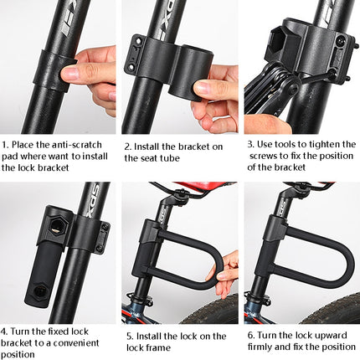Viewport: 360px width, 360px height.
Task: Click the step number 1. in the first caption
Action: (x=4, y=144)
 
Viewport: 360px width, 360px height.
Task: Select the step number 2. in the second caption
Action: (x=128, y=144)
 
